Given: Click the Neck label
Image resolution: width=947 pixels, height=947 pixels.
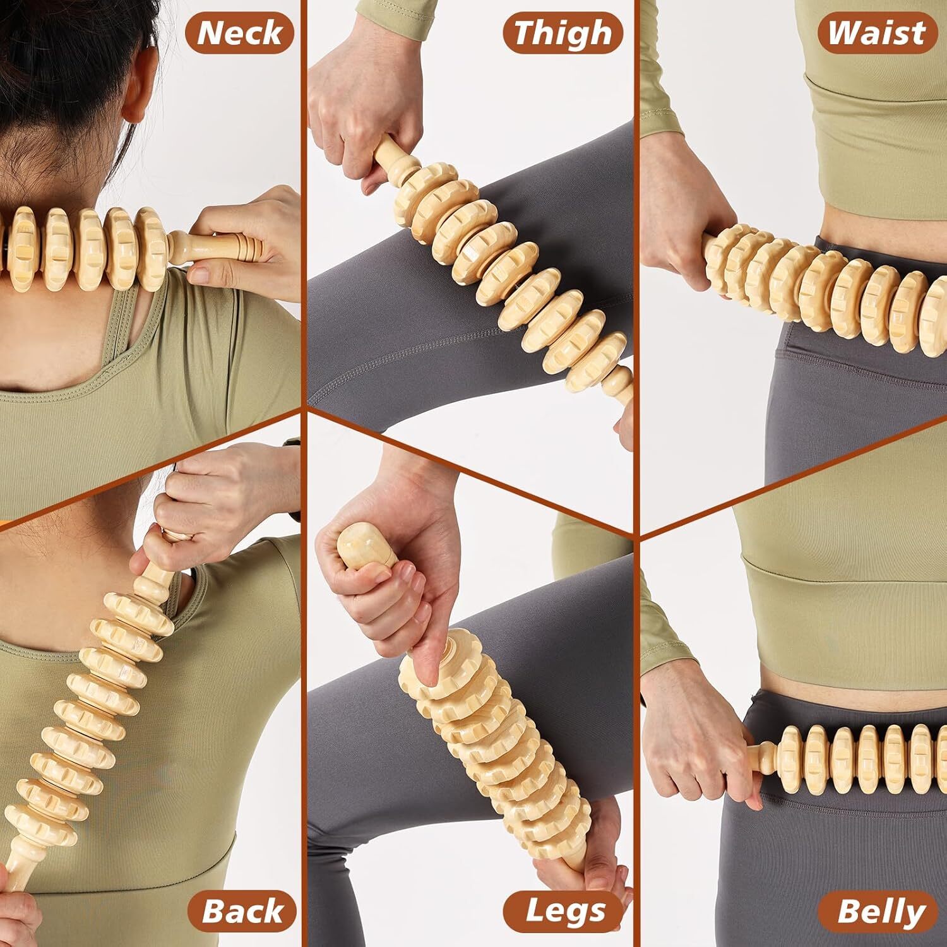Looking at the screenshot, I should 239,33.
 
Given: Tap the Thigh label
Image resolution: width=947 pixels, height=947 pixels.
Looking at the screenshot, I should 563,33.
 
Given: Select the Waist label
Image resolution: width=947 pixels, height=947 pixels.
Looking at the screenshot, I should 876,33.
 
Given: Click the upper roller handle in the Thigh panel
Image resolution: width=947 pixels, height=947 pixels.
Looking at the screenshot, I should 395,164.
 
